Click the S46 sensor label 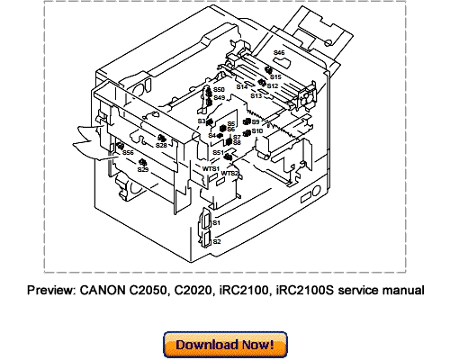(279, 54)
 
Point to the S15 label (276, 77)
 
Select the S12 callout (273, 86)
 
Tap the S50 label (219, 91)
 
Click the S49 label (219, 98)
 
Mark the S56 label (128, 153)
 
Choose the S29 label (142, 169)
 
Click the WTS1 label (211, 168)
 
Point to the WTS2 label (230, 173)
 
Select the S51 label (219, 153)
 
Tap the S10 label (257, 131)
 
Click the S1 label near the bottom (216, 221)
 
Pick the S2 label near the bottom (216, 241)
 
